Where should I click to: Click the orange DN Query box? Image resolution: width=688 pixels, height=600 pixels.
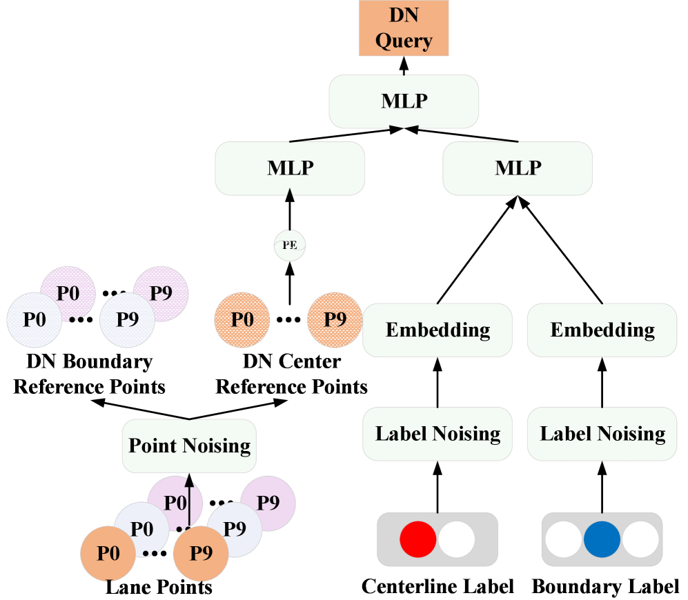(404, 28)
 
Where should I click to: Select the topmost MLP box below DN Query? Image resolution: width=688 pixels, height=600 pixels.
(404, 101)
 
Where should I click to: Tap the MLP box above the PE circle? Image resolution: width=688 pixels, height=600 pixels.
(290, 168)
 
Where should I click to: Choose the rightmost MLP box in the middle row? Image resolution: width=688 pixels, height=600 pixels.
(518, 168)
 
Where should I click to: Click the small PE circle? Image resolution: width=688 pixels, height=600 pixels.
(290, 246)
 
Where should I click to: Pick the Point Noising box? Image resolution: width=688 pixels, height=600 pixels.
(189, 446)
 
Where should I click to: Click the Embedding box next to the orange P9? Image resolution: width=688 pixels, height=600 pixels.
(438, 330)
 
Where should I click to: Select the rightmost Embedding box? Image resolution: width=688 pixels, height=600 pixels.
(602, 330)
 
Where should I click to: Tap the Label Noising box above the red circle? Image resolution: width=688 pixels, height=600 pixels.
(438, 434)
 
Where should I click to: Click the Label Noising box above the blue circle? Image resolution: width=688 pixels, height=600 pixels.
(602, 434)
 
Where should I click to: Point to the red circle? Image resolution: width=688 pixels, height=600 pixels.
(417, 539)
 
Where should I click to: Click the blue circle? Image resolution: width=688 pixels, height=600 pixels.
(602, 539)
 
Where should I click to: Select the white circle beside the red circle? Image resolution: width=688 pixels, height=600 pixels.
(457, 539)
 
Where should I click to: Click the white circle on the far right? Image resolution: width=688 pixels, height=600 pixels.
(641, 539)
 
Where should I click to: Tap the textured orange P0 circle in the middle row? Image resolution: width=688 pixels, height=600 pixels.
(242, 320)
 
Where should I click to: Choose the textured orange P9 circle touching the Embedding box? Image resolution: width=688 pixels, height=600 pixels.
(335, 320)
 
